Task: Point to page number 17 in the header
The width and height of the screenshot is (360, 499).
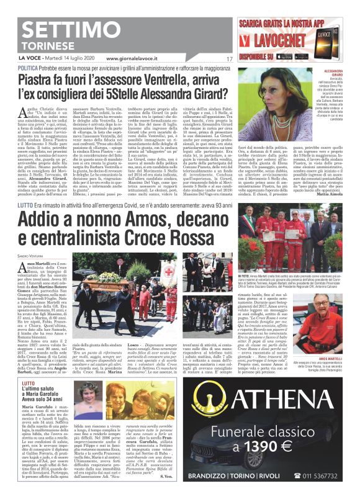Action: click(229, 59)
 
